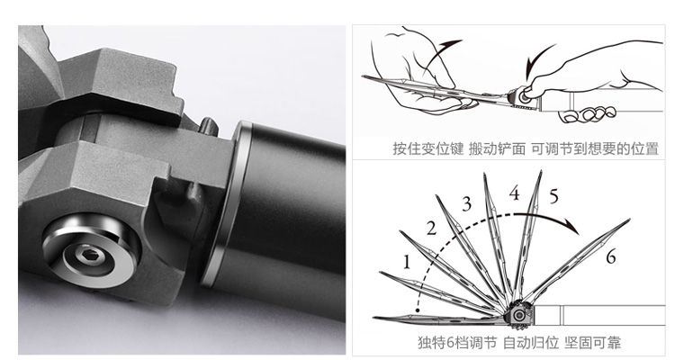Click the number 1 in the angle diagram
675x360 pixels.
[407, 262]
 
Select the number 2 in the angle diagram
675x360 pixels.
[432, 229]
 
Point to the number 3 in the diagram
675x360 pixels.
[467, 203]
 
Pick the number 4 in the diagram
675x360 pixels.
[515, 193]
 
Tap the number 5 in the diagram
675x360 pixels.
[553, 196]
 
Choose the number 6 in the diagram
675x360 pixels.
[611, 256]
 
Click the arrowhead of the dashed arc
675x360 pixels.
[572, 226]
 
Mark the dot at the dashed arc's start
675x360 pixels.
[418, 310]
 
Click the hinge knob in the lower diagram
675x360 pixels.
[519, 315]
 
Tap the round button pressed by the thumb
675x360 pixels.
[525, 97]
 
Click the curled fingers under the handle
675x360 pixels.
[588, 114]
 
